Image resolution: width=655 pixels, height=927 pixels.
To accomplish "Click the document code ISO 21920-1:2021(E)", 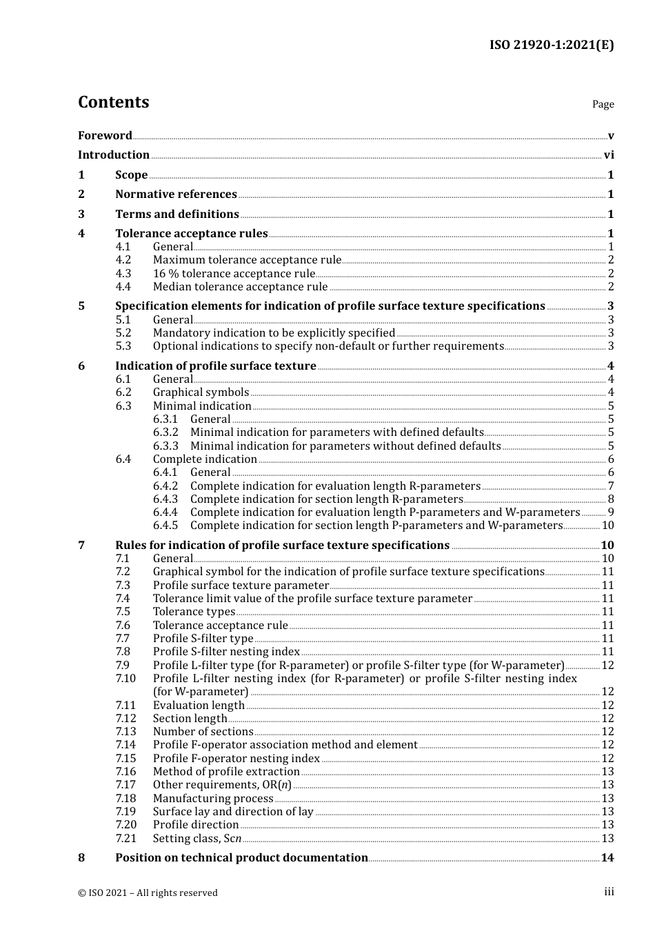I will [x=551, y=46].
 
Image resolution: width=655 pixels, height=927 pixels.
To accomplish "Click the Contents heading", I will [x=113, y=102].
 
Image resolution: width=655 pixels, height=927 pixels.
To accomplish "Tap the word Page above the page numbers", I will [x=603, y=104].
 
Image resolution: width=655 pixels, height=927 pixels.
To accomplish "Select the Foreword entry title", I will [x=105, y=136].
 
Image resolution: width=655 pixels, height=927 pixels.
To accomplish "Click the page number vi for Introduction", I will [x=609, y=155].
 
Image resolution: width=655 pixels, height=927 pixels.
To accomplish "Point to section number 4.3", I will [x=123, y=274].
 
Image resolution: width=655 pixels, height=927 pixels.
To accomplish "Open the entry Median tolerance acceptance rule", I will [x=240, y=287].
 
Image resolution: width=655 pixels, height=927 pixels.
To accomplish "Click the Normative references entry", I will [x=176, y=195].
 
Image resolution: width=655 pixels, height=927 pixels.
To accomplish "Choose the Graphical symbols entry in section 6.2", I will [x=201, y=392].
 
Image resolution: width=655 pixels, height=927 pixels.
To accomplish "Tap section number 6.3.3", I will [x=165, y=446].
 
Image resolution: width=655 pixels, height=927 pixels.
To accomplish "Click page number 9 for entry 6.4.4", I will [x=611, y=512].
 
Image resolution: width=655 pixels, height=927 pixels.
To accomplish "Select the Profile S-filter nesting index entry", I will [x=226, y=652].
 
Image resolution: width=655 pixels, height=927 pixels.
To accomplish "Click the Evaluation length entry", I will [x=199, y=706].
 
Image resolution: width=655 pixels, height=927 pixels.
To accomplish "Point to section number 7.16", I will [x=126, y=772].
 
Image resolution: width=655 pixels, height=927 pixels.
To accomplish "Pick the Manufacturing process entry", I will [x=213, y=799].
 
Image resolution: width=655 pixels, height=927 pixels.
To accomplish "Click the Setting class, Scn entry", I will [x=197, y=839].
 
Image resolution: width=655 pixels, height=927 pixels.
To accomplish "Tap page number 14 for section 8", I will [x=607, y=858].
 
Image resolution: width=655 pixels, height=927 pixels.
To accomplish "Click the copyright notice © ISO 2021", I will [x=148, y=893].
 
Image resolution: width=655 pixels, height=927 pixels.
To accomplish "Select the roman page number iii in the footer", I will [x=609, y=892].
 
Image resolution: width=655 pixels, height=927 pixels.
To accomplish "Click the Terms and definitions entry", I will [x=177, y=215].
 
